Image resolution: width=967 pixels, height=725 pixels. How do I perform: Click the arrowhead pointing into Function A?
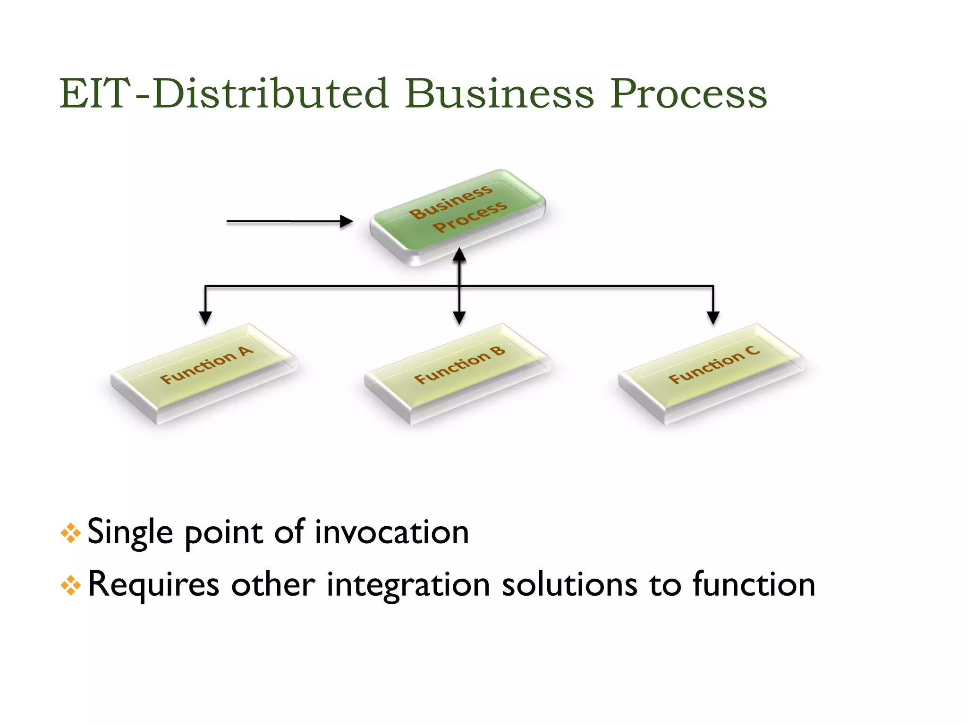pos(205,318)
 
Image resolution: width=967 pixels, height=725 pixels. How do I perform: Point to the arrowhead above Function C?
pos(713,318)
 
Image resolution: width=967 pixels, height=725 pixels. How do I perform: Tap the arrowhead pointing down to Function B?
pos(459,318)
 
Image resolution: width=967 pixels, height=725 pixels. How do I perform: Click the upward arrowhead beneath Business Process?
pos(459,255)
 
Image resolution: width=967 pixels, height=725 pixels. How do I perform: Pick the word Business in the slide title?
pos(499,93)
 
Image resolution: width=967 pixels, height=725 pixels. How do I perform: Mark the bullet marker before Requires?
pos(70,586)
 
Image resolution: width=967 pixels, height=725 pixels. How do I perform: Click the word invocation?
pos(391,532)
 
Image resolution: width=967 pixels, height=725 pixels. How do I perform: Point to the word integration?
pos(408,585)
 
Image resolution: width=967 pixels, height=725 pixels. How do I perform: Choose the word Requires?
pos(153,585)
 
